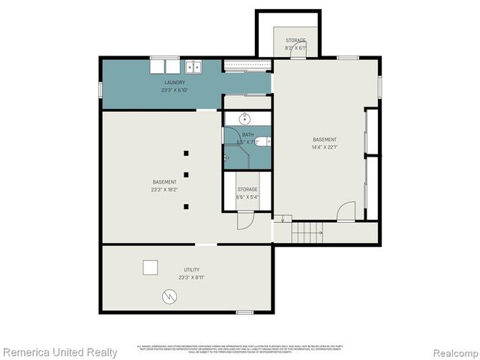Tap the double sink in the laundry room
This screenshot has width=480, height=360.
193,67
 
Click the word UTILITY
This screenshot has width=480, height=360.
192,269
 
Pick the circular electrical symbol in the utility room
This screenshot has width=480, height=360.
169,297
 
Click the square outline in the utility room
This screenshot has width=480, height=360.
151,266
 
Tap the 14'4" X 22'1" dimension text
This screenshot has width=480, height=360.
325,147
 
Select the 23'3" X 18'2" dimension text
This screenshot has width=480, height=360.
165,190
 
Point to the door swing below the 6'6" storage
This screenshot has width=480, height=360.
245,220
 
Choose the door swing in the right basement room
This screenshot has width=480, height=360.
346,212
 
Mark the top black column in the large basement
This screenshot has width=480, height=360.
186,153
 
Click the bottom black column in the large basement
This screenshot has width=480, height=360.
186,206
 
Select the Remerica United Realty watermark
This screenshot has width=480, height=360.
60,352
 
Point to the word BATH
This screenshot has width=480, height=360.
247,134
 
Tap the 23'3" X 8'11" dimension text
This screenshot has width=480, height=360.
192,277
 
